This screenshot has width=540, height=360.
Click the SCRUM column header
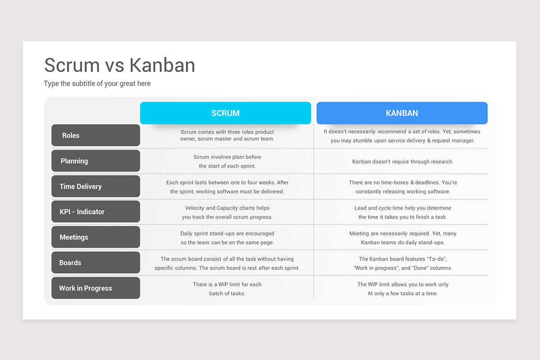(225, 113)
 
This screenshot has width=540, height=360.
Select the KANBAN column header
(402, 113)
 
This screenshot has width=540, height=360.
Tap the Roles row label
(96, 135)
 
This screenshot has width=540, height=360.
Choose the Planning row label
(96, 161)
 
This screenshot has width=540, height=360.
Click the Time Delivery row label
(96, 186)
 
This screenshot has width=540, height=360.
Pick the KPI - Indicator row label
(96, 211)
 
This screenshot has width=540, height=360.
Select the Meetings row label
(96, 237)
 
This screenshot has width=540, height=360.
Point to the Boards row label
(96, 263)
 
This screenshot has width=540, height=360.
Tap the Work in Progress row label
(96, 288)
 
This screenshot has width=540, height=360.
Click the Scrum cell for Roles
(227, 135)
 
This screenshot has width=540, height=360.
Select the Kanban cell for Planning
(403, 162)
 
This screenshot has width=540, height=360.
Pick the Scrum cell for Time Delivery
(227, 187)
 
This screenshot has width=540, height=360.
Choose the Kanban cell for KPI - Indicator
(403, 212)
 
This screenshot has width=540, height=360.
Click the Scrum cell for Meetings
(227, 238)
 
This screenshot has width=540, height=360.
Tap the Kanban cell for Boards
(403, 263)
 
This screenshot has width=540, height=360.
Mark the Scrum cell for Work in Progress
(227, 288)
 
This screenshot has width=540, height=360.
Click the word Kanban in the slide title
(162, 65)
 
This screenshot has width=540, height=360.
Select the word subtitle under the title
(83, 83)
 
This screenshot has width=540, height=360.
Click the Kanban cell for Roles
(402, 136)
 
